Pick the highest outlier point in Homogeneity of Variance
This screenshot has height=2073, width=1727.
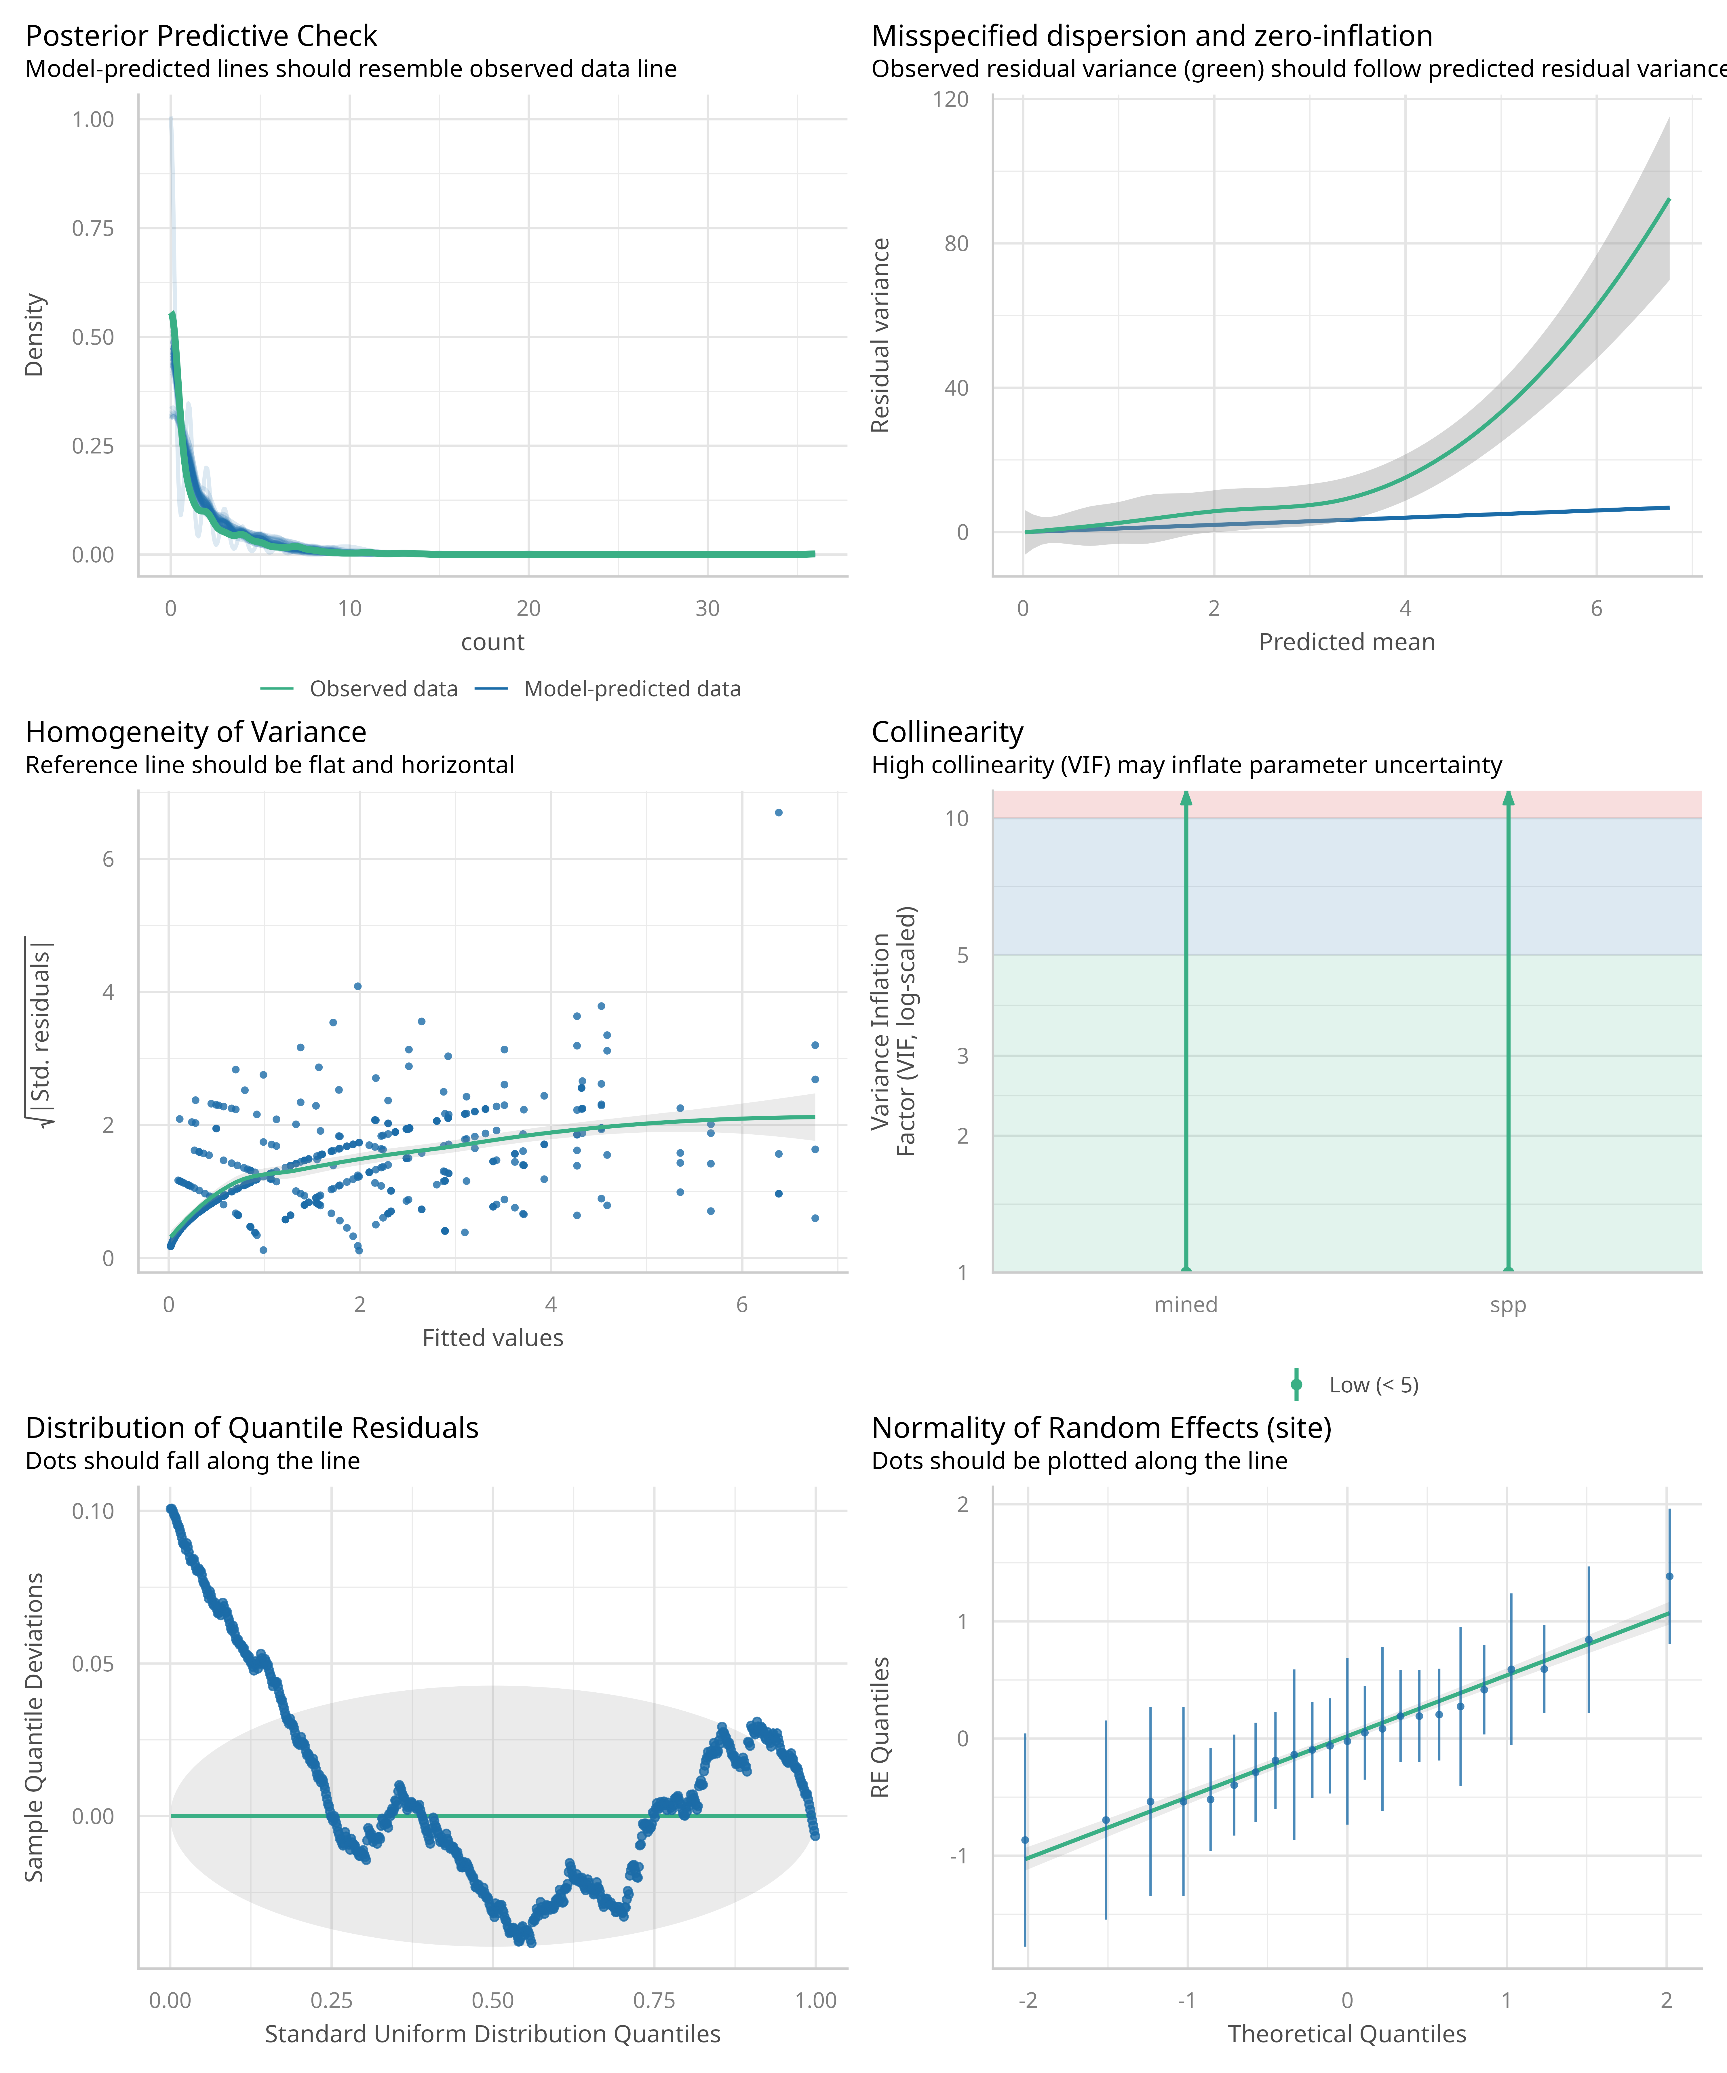pyautogui.click(x=779, y=813)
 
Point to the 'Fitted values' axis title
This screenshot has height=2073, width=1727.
pyautogui.click(x=492, y=1339)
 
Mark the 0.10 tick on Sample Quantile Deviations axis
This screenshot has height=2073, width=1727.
pyautogui.click(x=93, y=1511)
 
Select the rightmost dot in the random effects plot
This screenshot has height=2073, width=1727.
pyautogui.click(x=1669, y=1576)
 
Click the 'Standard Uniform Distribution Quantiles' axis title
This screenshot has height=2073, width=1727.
pyautogui.click(x=492, y=2034)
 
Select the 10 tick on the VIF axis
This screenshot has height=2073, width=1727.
pyautogui.click(x=956, y=818)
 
